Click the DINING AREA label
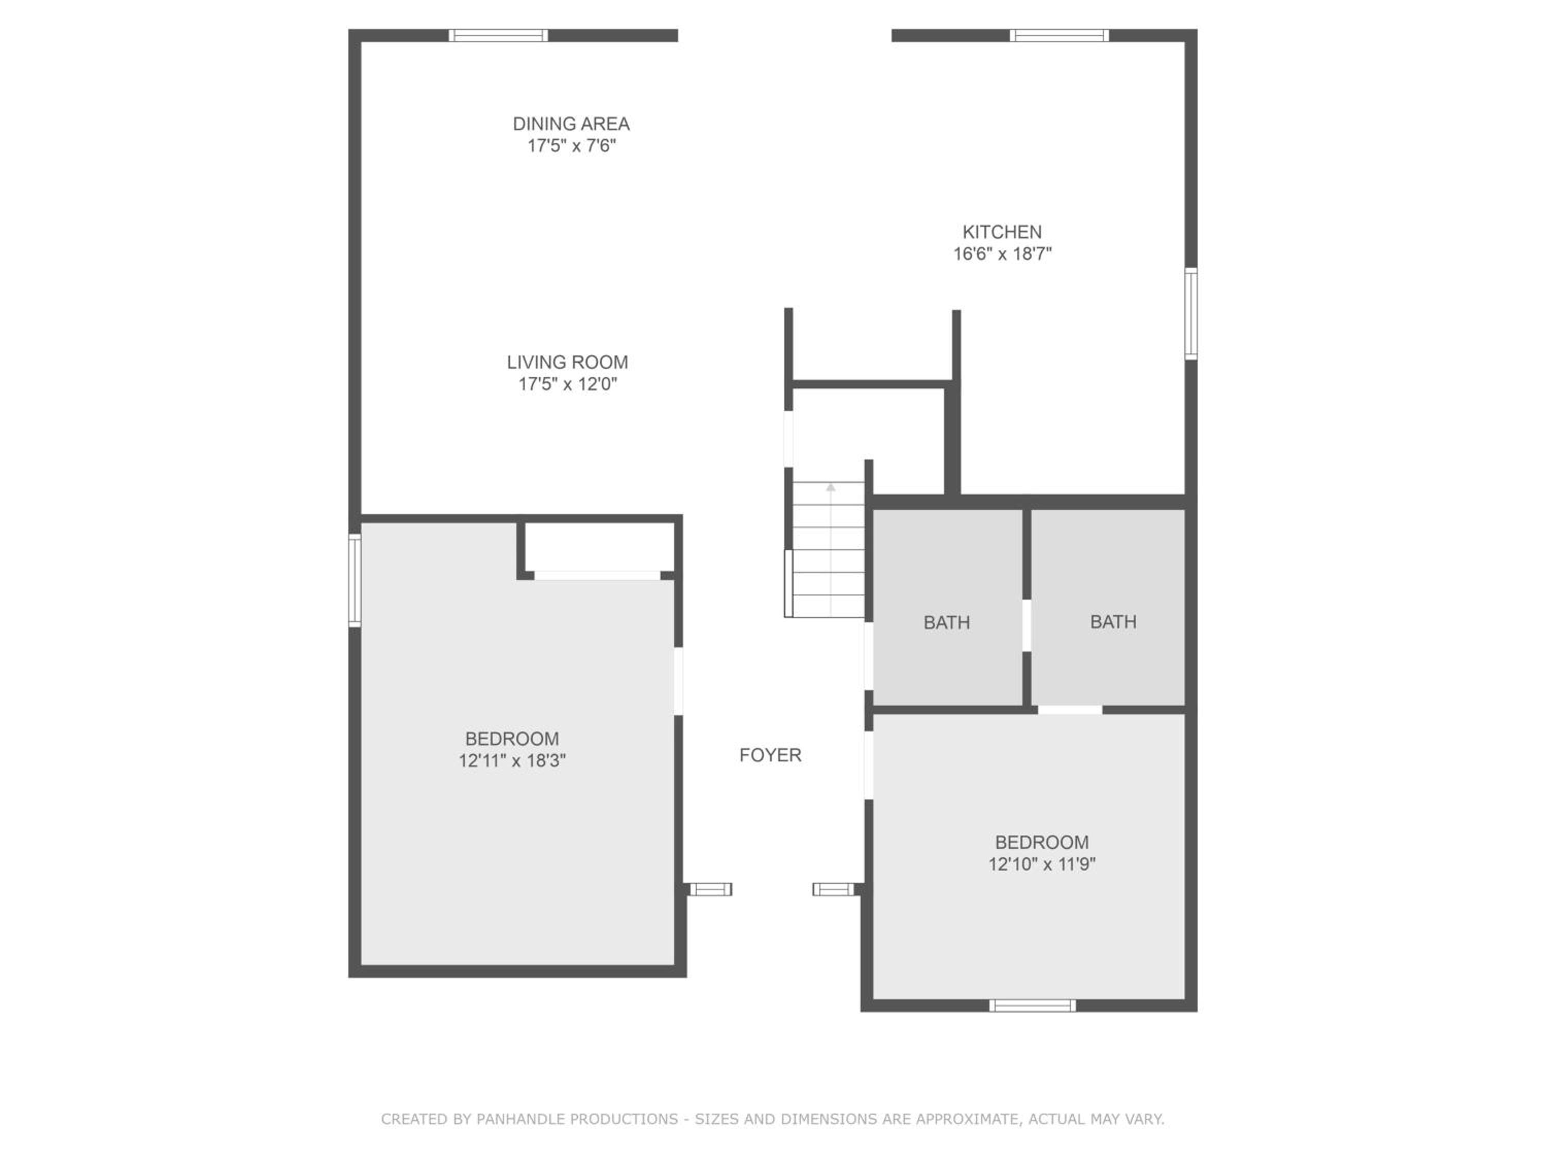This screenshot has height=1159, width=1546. (571, 124)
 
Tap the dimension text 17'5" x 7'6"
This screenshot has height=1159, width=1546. (571, 145)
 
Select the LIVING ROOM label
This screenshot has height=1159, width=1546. (567, 362)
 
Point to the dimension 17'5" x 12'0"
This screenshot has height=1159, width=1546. (567, 384)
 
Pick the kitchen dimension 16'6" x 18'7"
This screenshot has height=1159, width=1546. (1002, 253)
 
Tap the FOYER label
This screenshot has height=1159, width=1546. (770, 755)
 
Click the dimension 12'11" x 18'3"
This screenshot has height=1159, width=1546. (512, 760)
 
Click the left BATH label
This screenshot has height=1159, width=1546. (946, 622)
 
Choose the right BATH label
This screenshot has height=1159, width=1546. (1113, 622)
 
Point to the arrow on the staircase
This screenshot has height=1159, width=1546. (830, 549)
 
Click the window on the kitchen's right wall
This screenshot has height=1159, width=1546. (1191, 314)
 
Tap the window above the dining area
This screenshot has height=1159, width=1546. (498, 36)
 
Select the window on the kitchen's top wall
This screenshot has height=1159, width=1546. (1059, 36)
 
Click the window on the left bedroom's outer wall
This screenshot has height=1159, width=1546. (355, 581)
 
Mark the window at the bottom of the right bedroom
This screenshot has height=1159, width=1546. (1032, 1005)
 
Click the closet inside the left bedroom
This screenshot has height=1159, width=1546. (599, 547)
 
